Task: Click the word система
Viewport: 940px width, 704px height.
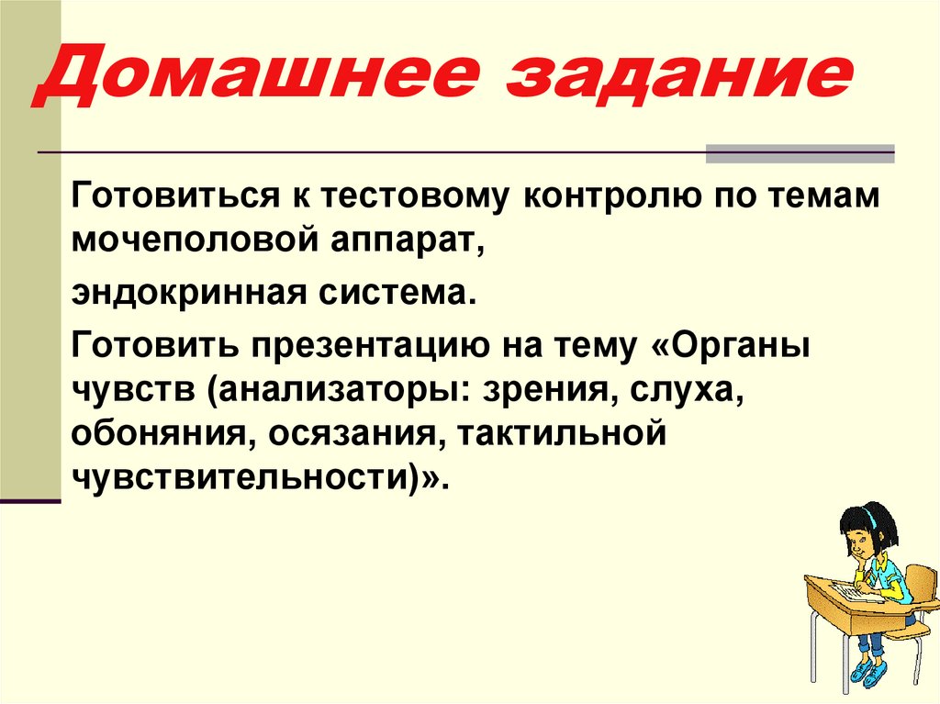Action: (x=399, y=296)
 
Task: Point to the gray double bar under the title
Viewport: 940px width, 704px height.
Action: (x=800, y=153)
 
